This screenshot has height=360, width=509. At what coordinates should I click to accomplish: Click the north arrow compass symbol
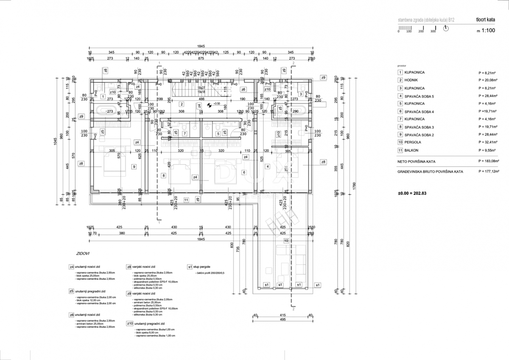click(x=445, y=28)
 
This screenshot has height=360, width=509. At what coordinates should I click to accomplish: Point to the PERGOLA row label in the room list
click(x=412, y=142)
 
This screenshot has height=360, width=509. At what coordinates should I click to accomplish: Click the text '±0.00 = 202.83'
click(x=413, y=193)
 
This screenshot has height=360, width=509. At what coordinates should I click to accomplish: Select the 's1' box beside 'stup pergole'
click(x=190, y=267)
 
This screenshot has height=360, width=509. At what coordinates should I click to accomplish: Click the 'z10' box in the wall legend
click(x=130, y=324)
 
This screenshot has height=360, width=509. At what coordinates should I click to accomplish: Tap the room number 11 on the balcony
click(x=186, y=199)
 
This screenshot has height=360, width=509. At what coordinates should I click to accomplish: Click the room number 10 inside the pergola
click(x=286, y=240)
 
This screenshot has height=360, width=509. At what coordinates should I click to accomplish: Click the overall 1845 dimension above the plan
click(x=201, y=46)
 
